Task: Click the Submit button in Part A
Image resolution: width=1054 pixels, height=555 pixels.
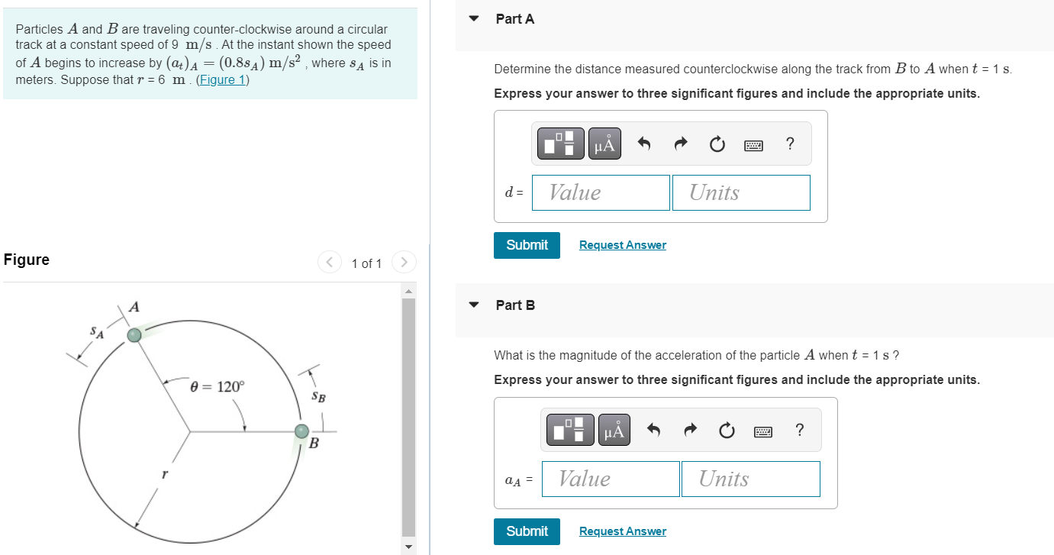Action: [x=527, y=245]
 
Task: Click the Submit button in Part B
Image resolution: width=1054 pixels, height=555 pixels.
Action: [x=527, y=531]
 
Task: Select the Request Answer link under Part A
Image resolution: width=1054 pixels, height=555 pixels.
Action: [x=622, y=245]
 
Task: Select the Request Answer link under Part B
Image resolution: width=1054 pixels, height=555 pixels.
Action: [x=622, y=531]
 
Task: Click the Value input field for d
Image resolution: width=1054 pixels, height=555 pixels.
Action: [x=601, y=193]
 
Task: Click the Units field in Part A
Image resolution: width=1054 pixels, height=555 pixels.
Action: [x=741, y=193]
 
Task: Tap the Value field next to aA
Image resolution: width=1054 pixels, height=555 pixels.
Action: [x=611, y=479]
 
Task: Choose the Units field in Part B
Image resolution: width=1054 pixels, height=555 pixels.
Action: [x=750, y=479]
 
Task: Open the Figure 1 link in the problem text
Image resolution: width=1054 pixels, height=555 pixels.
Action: [x=222, y=79]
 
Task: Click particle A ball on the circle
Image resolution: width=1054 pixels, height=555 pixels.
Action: [x=134, y=334]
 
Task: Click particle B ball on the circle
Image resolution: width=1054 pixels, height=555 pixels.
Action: [x=302, y=431]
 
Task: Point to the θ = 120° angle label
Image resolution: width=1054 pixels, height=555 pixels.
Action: [x=218, y=386]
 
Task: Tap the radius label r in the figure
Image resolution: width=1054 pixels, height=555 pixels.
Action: [x=164, y=474]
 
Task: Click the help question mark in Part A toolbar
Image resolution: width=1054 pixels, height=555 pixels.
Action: [x=789, y=144]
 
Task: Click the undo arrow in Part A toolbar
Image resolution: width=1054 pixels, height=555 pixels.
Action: [x=644, y=144]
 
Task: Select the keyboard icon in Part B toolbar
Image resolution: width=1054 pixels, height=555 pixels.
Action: [x=762, y=431]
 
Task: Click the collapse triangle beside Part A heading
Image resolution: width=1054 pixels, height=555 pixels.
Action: [x=474, y=19]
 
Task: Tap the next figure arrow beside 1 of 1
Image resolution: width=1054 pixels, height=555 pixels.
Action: [x=404, y=263]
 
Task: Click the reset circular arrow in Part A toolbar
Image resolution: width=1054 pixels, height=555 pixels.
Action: [x=717, y=144]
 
